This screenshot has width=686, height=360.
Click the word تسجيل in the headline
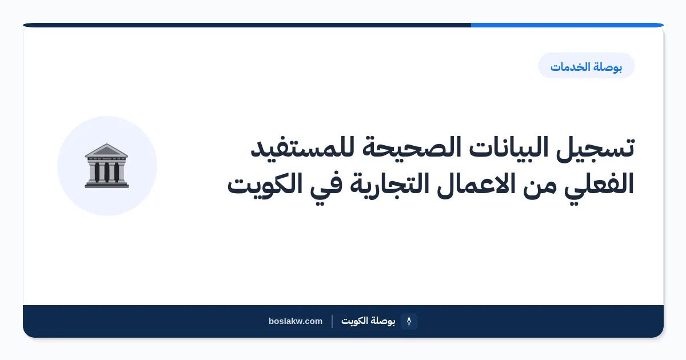pyautogui.click(x=595, y=149)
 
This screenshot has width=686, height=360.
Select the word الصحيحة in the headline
pyautogui.click(x=411, y=147)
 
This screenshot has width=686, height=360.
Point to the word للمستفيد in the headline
pyautogui.click(x=302, y=147)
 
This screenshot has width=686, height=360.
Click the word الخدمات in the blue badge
pyautogui.click(x=569, y=67)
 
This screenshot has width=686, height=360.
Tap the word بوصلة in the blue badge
pyautogui.click(x=607, y=67)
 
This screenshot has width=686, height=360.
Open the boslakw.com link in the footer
pyautogui.click(x=296, y=321)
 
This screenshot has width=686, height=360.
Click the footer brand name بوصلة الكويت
pyautogui.click(x=368, y=321)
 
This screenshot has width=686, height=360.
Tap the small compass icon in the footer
pyautogui.click(x=409, y=321)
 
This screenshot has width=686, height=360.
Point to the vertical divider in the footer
pyautogui.click(x=332, y=321)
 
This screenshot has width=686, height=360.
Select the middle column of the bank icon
pyautogui.click(x=106, y=172)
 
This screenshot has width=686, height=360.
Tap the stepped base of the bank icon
pyautogui.click(x=106, y=185)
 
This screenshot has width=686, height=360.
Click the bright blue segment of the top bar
pyautogui.click(x=567, y=25)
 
